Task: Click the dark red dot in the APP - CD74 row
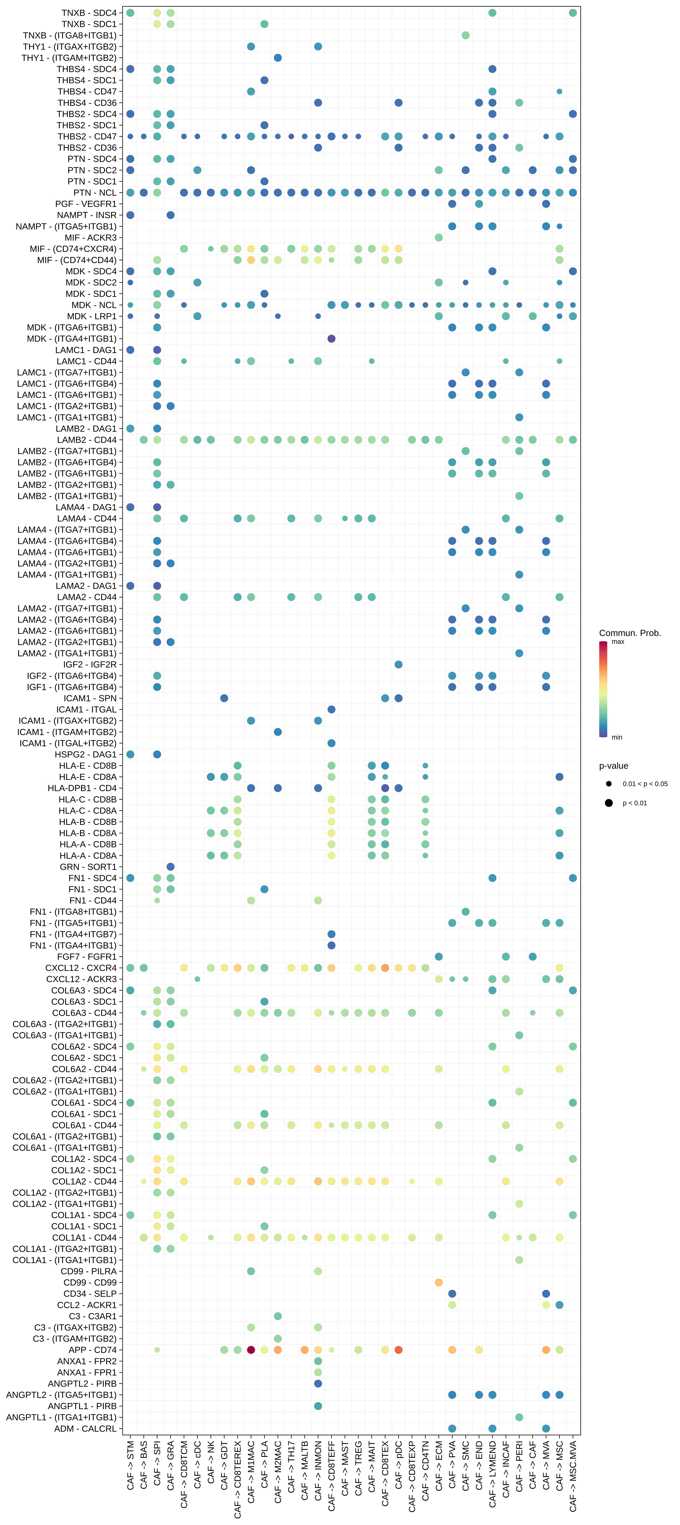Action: (x=251, y=1350)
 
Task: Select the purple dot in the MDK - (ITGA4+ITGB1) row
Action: (x=331, y=339)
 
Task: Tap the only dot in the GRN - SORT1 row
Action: (x=170, y=867)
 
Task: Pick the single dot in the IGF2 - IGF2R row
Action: (x=398, y=664)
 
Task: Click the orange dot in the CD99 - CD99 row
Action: (x=439, y=1282)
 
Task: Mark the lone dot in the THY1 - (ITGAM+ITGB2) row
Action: (x=278, y=57)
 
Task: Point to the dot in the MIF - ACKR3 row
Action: (x=439, y=237)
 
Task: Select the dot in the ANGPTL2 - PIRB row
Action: (x=318, y=1383)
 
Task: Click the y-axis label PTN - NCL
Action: (x=95, y=192)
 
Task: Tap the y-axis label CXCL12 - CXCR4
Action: (x=81, y=968)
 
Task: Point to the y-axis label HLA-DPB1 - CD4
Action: (x=82, y=788)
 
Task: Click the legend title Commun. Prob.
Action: (x=630, y=633)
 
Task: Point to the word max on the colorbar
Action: (x=618, y=642)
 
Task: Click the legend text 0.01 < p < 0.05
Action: (x=644, y=784)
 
